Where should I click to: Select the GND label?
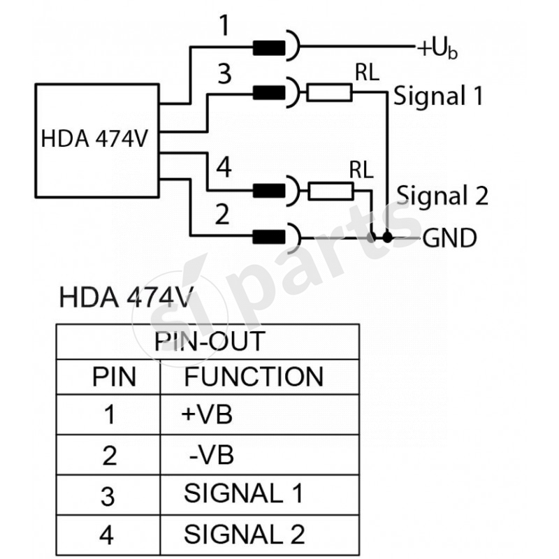click(x=449, y=238)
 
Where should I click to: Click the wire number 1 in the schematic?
click(x=224, y=26)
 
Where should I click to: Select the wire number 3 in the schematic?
click(x=224, y=74)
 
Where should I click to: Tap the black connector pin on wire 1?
click(x=268, y=48)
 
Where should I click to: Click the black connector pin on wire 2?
click(x=268, y=238)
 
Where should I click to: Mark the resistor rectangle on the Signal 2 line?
click(x=329, y=189)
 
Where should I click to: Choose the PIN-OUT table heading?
click(x=209, y=342)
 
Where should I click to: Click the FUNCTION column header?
click(x=254, y=377)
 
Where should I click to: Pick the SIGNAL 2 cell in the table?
click(x=244, y=535)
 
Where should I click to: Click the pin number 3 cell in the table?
click(x=108, y=496)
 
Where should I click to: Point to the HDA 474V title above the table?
click(x=125, y=296)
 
